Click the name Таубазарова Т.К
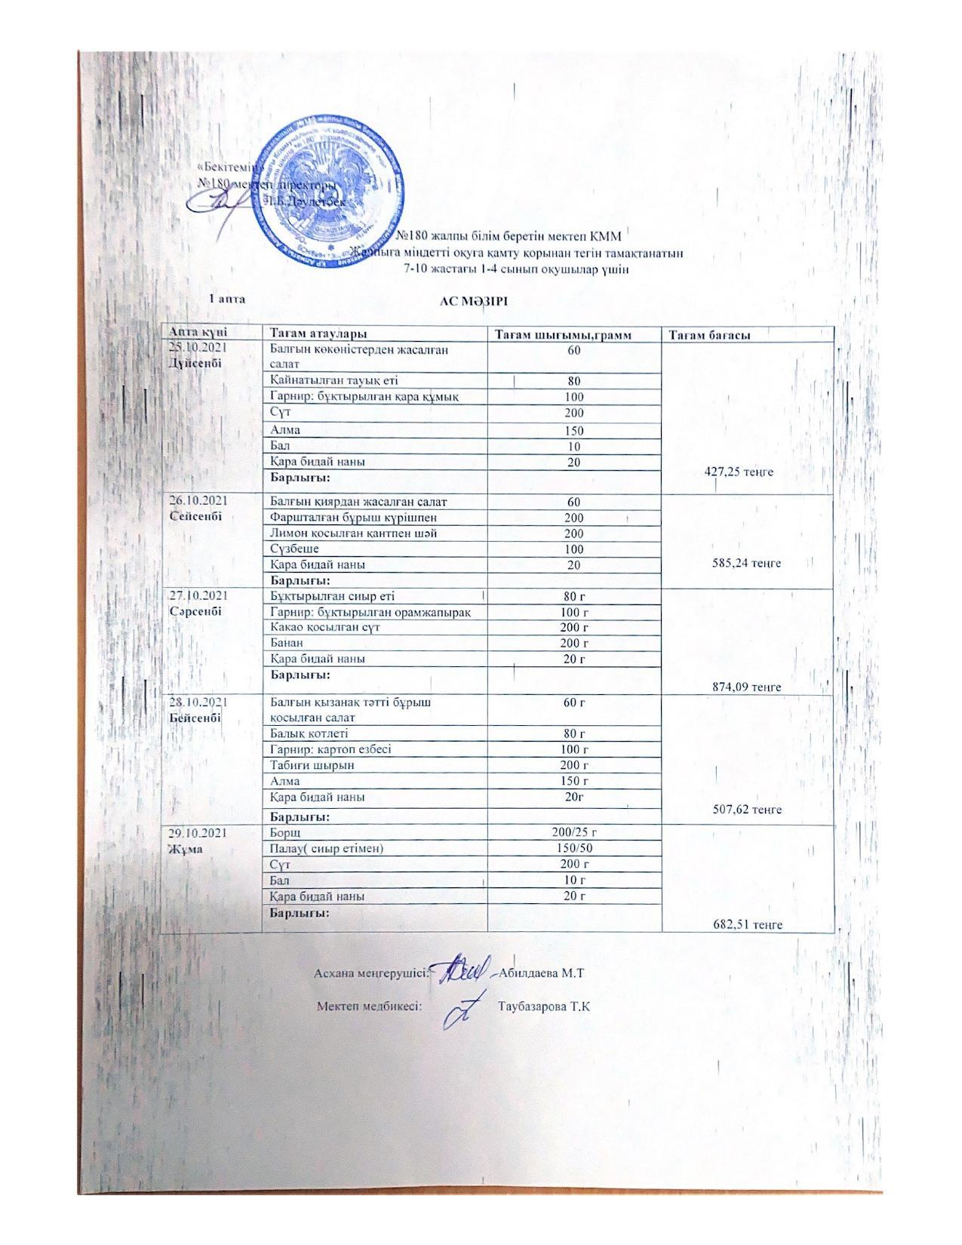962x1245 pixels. coord(543,1007)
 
